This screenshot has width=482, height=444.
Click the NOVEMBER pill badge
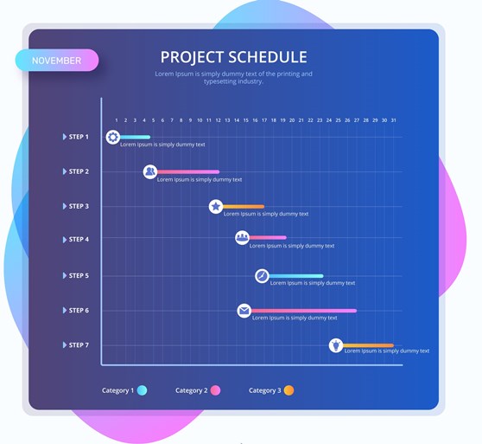(x=57, y=61)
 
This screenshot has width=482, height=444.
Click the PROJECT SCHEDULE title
(x=233, y=57)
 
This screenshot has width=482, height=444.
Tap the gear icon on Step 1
(x=113, y=137)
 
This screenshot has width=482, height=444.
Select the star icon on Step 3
(x=216, y=206)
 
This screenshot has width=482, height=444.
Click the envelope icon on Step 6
(x=244, y=311)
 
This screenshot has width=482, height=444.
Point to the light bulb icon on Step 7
(x=336, y=345)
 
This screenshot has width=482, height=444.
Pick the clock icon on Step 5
(x=262, y=276)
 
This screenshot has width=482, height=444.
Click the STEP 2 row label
(x=79, y=171)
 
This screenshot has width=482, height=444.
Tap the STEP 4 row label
(x=79, y=239)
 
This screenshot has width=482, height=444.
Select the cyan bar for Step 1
(x=135, y=137)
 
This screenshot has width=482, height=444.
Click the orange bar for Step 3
(x=244, y=206)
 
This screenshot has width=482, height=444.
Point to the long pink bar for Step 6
(x=304, y=311)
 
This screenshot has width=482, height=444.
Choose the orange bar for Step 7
(x=368, y=345)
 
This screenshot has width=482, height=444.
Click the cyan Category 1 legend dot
(x=142, y=390)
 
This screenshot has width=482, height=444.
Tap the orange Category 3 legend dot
(x=289, y=390)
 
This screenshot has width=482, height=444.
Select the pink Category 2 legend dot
(x=215, y=390)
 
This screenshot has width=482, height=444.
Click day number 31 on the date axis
(x=394, y=120)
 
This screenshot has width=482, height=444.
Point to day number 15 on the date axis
(x=246, y=120)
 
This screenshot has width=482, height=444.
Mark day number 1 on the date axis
(x=117, y=120)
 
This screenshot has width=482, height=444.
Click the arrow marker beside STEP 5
(x=65, y=275)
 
